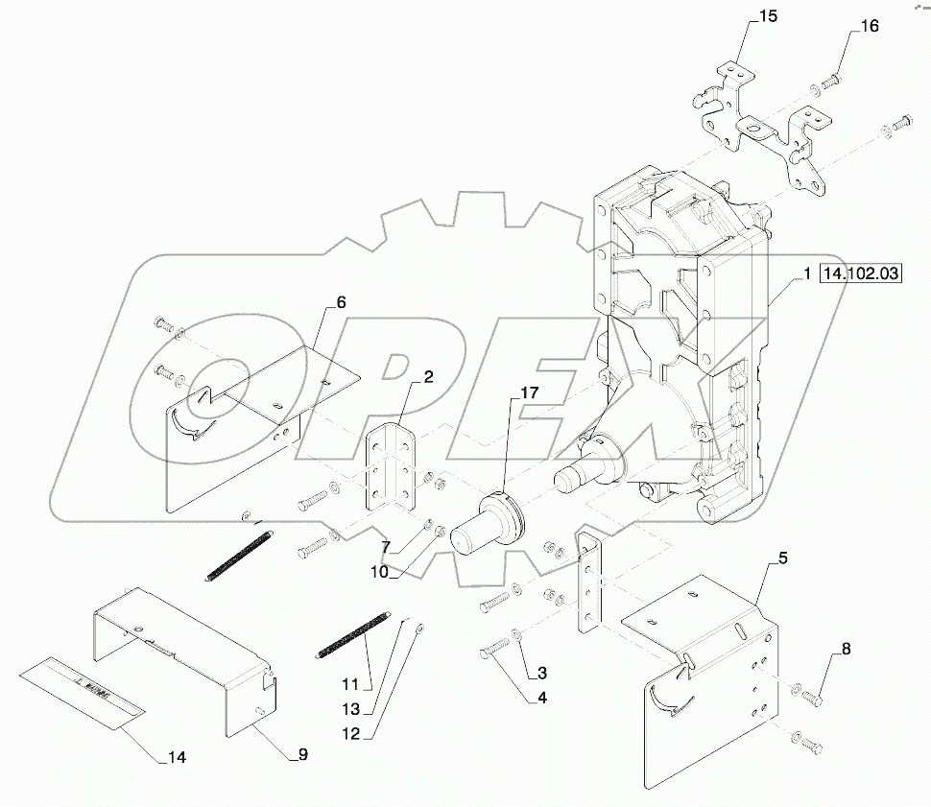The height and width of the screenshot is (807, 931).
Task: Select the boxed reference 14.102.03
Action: (x=860, y=274)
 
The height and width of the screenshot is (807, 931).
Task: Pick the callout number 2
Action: (x=427, y=377)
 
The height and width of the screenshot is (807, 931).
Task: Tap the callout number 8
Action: (x=845, y=650)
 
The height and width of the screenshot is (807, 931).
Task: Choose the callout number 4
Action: (x=542, y=700)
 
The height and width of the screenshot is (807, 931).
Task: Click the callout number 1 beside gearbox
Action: (x=807, y=274)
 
